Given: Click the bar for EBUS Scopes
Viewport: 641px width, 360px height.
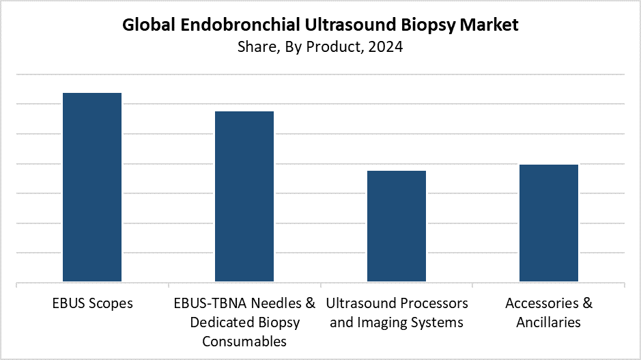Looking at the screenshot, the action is (92, 187).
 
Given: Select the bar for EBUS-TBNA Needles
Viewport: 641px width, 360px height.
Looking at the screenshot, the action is (244, 196).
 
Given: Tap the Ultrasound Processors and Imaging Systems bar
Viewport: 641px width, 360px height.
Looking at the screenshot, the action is (397, 226).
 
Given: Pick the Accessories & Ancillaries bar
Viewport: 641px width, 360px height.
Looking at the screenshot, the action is (549, 223).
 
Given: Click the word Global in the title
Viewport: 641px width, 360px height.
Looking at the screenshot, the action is (149, 25).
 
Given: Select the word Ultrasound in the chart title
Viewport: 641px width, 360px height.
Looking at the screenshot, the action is (350, 25).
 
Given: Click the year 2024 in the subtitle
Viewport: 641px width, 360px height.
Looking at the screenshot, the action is (386, 46).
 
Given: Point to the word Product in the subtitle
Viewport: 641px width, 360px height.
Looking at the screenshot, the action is (334, 47).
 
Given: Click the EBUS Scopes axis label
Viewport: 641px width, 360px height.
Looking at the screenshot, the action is (92, 303).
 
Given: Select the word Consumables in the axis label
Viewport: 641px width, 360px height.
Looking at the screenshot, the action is (244, 341).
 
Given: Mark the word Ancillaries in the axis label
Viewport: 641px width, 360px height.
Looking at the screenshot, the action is (549, 322).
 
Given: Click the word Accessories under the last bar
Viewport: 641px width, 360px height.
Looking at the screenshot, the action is (541, 303).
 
